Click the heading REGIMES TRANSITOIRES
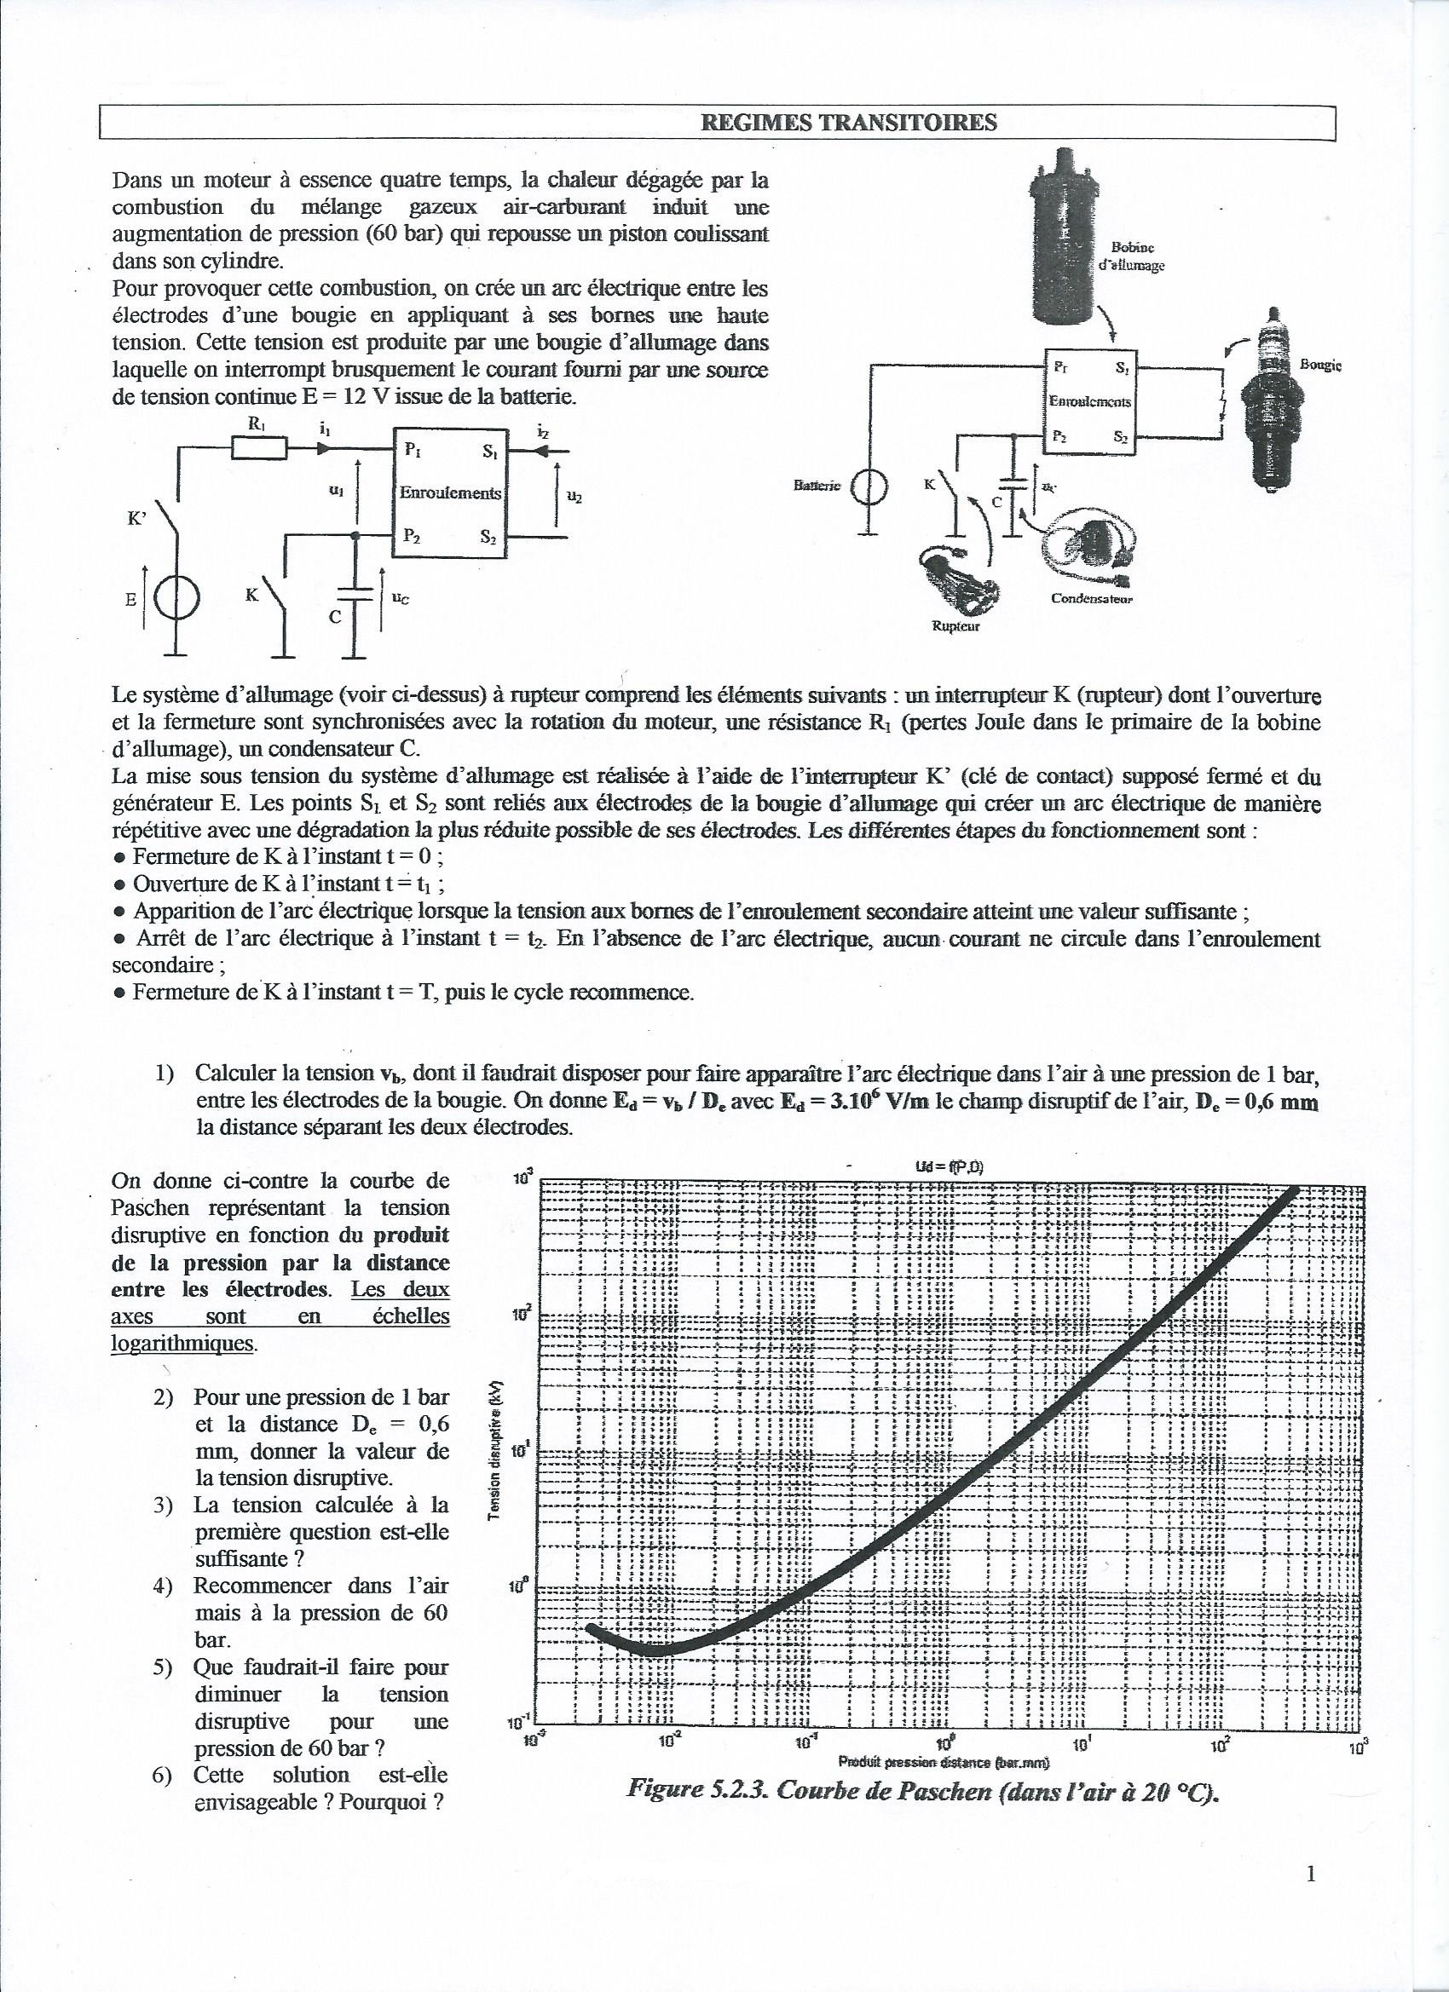point(848,123)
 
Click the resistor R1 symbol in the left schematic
point(259,449)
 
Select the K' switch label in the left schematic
point(137,518)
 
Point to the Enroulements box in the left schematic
point(450,492)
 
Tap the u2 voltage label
point(574,496)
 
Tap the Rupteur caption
point(955,626)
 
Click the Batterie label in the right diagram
point(817,485)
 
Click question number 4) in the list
point(162,1587)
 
